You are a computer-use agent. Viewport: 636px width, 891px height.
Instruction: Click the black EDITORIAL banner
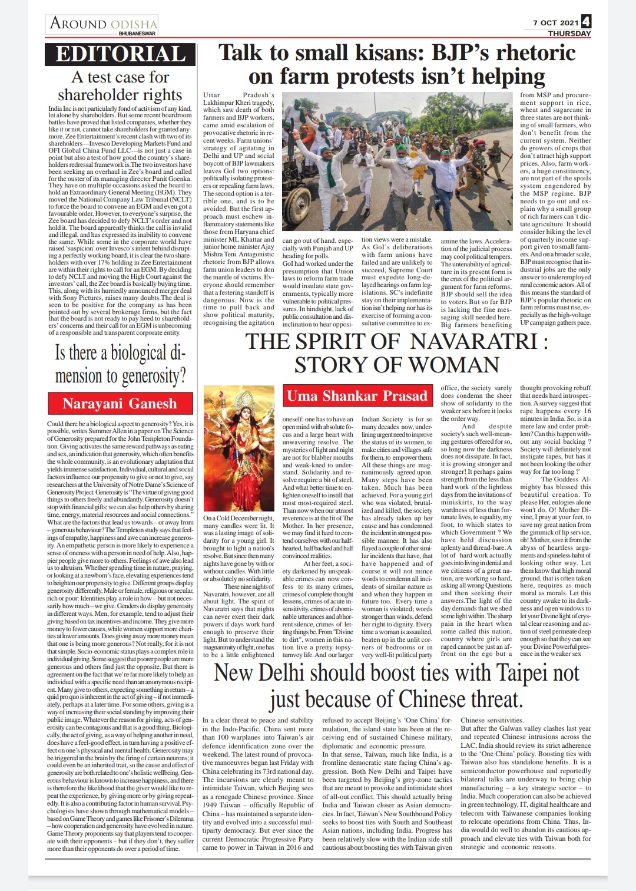(121, 54)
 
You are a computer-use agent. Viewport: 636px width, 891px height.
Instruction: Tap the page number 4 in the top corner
(586, 22)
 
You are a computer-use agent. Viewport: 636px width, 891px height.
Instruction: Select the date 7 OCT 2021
(555, 23)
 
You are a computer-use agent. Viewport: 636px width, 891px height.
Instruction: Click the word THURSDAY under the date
(569, 34)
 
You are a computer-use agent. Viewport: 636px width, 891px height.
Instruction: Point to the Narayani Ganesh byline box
(120, 404)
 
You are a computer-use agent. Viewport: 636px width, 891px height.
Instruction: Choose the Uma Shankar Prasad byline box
(357, 395)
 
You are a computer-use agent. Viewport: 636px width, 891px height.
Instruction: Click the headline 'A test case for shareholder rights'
(120, 86)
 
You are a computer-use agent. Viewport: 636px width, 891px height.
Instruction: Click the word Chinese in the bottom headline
(442, 699)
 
